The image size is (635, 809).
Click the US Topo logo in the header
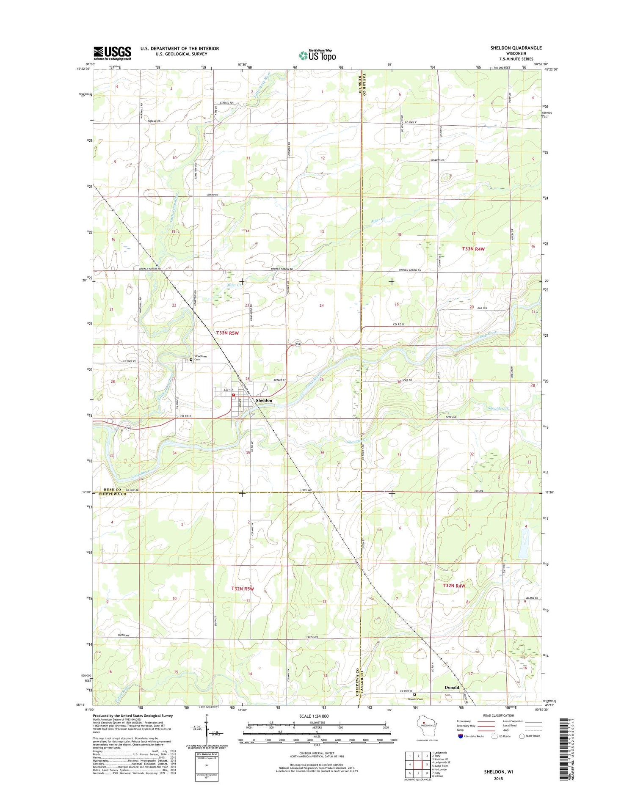[317, 55]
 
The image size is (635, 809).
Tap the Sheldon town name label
[264, 400]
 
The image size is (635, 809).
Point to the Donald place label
[452, 687]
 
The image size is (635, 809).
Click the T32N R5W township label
[242, 589]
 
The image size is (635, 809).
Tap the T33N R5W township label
[227, 333]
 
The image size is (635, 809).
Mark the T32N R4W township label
[454, 586]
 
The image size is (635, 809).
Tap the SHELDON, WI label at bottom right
[498, 771]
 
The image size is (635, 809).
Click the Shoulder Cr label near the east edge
[498, 408]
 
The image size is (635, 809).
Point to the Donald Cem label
[415, 699]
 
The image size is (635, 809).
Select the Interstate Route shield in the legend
[460, 736]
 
